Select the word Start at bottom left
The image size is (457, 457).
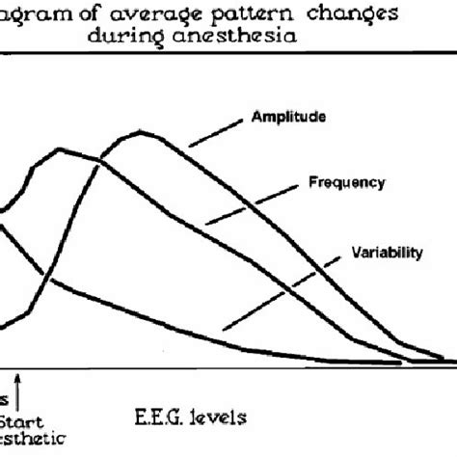coord(20,421)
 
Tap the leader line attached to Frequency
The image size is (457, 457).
coord(255,202)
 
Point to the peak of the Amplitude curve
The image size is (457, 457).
coord(143,132)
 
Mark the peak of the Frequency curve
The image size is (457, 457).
coord(60,149)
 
